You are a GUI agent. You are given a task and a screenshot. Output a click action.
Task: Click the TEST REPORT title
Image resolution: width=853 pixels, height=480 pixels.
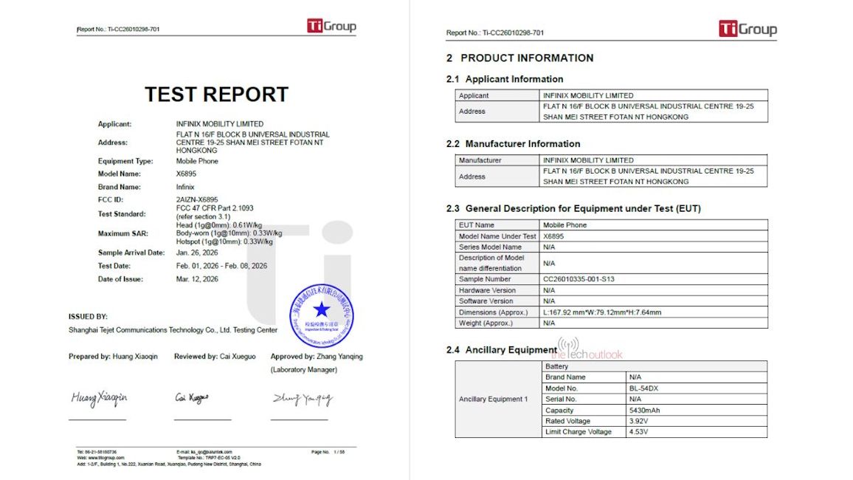click(x=216, y=95)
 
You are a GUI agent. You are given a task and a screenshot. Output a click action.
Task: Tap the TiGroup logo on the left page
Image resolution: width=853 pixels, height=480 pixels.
click(x=331, y=27)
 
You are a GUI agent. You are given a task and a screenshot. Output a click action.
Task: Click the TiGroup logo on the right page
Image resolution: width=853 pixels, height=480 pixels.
click(x=747, y=30)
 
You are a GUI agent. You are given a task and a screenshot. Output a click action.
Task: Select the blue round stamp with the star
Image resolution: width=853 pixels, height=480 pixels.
click(x=321, y=314)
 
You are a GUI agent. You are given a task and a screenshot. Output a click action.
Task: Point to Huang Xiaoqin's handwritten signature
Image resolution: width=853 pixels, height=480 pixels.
click(x=99, y=398)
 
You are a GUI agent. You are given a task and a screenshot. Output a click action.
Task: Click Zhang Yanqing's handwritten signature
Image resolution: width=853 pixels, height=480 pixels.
click(x=302, y=399)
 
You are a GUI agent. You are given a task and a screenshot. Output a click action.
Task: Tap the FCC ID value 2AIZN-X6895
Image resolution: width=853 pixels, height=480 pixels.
click(x=197, y=199)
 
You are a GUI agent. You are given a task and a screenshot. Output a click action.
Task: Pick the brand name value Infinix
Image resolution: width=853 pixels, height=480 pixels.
click(x=185, y=187)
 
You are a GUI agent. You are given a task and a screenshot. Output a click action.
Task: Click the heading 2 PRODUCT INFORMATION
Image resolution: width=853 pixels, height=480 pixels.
click(x=519, y=58)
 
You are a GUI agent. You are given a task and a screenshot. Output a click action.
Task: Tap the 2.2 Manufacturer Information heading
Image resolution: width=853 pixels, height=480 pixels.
click(x=514, y=143)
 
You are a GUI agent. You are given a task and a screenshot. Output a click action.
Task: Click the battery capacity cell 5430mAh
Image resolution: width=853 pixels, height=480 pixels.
click(x=644, y=410)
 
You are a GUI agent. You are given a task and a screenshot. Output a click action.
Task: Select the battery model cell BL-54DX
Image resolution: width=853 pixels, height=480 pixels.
click(x=644, y=388)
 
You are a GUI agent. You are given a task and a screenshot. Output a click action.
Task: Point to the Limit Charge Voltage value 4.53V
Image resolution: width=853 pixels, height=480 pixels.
click(x=639, y=431)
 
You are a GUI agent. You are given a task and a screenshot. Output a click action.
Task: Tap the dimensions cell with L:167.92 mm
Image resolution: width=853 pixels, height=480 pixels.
click(x=602, y=312)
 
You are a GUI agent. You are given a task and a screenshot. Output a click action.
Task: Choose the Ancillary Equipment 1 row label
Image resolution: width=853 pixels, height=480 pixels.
click(x=494, y=399)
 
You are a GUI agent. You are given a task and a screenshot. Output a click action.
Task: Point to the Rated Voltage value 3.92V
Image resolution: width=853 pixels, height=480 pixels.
click(x=639, y=421)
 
